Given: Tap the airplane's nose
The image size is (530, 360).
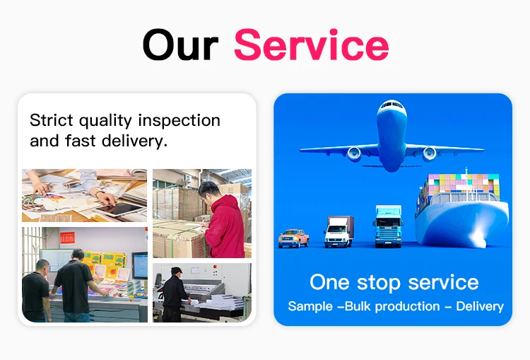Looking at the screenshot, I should pyautogui.click(x=391, y=108).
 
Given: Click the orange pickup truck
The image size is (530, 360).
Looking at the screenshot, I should pyautogui.click(x=293, y=238).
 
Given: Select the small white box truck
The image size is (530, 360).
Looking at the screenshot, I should pyautogui.click(x=338, y=231).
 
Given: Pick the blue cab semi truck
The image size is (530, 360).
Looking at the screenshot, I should pyautogui.click(x=389, y=226).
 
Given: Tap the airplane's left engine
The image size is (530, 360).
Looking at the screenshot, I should pyautogui.click(x=353, y=153).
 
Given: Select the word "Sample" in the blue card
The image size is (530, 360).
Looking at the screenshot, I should pyautogui.click(x=311, y=306).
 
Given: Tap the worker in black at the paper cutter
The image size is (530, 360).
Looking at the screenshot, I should pyautogui.click(x=173, y=294).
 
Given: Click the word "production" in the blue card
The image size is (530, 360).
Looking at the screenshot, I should pyautogui.click(x=407, y=306).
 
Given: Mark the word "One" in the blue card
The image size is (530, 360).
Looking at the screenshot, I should pyautogui.click(x=329, y=282).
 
